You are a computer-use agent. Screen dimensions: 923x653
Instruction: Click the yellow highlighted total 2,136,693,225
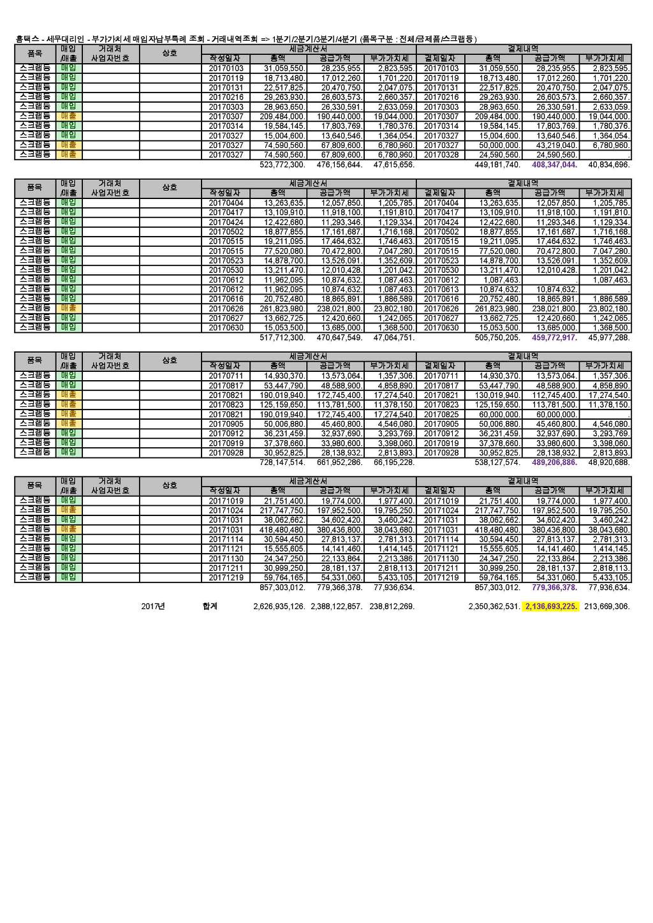pos(552,607)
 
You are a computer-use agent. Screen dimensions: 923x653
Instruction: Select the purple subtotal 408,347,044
pos(553,165)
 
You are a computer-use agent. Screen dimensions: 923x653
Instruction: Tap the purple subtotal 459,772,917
pos(553,337)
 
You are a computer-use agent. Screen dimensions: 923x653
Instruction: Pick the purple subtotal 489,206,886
pos(553,462)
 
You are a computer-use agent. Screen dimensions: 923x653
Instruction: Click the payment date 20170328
pos(441,155)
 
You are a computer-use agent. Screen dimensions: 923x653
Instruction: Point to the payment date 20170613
pos(441,290)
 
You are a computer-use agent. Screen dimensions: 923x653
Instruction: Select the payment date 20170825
pos(441,415)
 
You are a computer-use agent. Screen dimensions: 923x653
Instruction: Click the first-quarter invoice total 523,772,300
pos(282,165)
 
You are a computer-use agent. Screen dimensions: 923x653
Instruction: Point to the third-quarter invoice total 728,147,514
pos(282,462)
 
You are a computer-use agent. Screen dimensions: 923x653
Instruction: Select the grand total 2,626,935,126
pos(279,607)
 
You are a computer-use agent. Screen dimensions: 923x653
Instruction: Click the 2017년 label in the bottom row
pos(153,607)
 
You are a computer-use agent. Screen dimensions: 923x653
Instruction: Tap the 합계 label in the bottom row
pos(210,607)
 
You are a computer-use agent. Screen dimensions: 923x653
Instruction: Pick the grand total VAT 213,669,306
pos(607,607)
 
